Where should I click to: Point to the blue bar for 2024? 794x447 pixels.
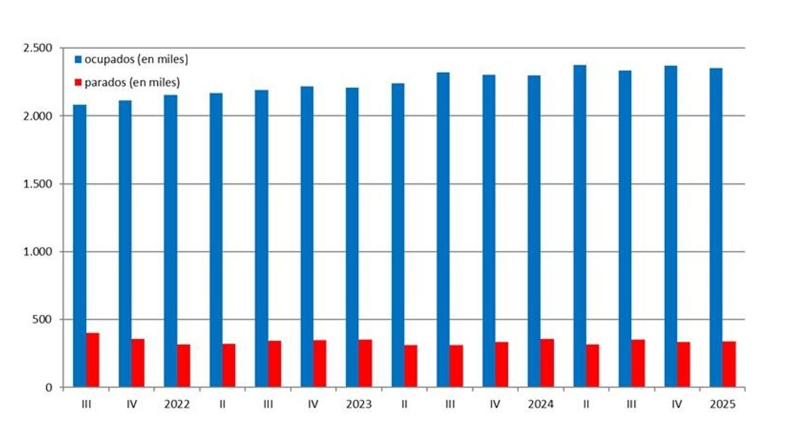tap(534, 231)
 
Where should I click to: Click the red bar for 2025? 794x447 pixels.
tap(729, 364)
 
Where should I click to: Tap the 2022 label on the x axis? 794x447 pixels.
tap(177, 405)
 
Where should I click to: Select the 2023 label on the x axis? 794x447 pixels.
tap(359, 405)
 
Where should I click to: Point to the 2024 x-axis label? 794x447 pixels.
tap(541, 405)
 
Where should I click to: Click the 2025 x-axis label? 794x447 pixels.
tap(723, 405)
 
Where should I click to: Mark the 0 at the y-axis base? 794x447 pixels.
tap(49, 387)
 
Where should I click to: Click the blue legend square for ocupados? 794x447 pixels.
tap(78, 60)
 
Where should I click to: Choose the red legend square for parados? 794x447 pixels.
tap(78, 83)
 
